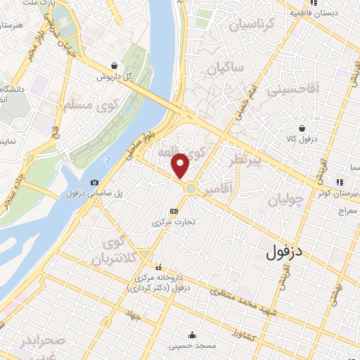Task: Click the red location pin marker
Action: pos(181,165)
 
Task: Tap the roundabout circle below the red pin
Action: pos(191,188)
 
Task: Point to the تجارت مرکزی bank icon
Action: pos(174,211)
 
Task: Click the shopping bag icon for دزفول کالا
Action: pos(302,129)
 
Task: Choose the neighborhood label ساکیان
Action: pos(226,68)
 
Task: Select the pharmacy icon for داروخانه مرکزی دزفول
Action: pos(158,268)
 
